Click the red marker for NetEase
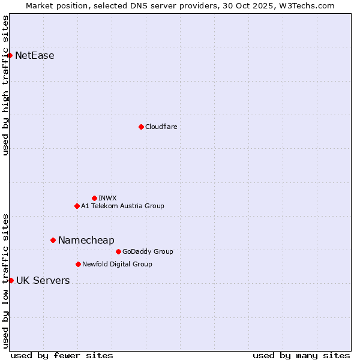10,56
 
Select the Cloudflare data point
141,127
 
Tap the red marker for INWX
94,198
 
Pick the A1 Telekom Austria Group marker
77,206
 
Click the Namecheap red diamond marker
53,240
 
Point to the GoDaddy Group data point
118,251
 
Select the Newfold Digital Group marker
78,264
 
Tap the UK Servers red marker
11,280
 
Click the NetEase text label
35,56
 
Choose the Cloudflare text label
161,127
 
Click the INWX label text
107,198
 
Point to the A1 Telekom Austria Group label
122,206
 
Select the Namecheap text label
86,240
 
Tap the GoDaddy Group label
148,251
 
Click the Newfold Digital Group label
117,264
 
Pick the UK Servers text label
43,280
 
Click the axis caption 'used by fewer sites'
62,355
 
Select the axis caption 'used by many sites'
301,355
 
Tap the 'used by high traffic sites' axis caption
5,85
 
